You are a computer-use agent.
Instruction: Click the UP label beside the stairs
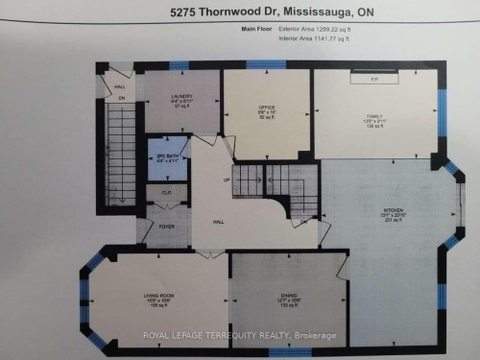tap(226, 180)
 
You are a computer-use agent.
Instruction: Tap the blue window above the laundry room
tap(179, 64)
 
